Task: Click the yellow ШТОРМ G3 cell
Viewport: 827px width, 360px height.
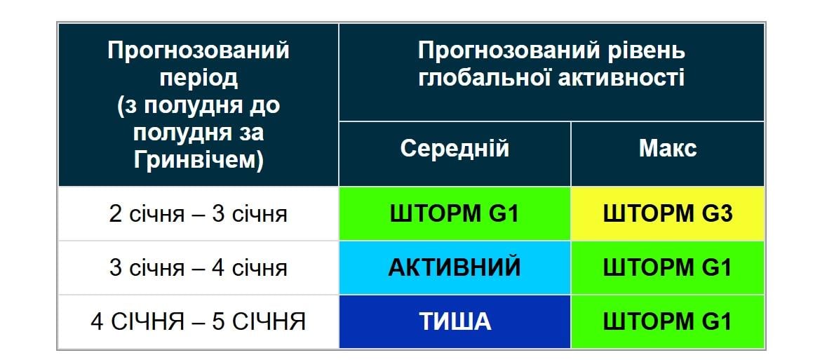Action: (x=667, y=213)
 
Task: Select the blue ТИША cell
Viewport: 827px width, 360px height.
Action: (x=455, y=321)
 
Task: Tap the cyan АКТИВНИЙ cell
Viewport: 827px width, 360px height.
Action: (x=455, y=267)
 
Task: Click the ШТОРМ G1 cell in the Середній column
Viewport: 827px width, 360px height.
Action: (x=455, y=213)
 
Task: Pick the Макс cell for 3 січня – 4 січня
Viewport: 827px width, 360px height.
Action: (x=667, y=267)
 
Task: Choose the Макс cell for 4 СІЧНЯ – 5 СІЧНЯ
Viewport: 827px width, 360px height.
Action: (x=667, y=321)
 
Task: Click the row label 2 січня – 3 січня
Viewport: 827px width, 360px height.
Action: (x=198, y=213)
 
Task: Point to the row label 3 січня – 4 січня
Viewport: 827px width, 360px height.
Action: (x=198, y=267)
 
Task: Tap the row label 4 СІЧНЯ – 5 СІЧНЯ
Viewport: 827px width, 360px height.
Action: (x=198, y=321)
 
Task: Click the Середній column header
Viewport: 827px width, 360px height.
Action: (x=455, y=149)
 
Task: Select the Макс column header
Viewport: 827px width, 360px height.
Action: (x=667, y=149)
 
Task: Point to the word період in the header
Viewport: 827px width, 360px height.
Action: (x=198, y=78)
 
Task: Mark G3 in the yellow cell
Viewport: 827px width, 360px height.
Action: (x=716, y=213)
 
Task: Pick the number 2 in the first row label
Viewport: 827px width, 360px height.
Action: (x=115, y=213)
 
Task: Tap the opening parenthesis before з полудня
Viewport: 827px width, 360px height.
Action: (x=119, y=106)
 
